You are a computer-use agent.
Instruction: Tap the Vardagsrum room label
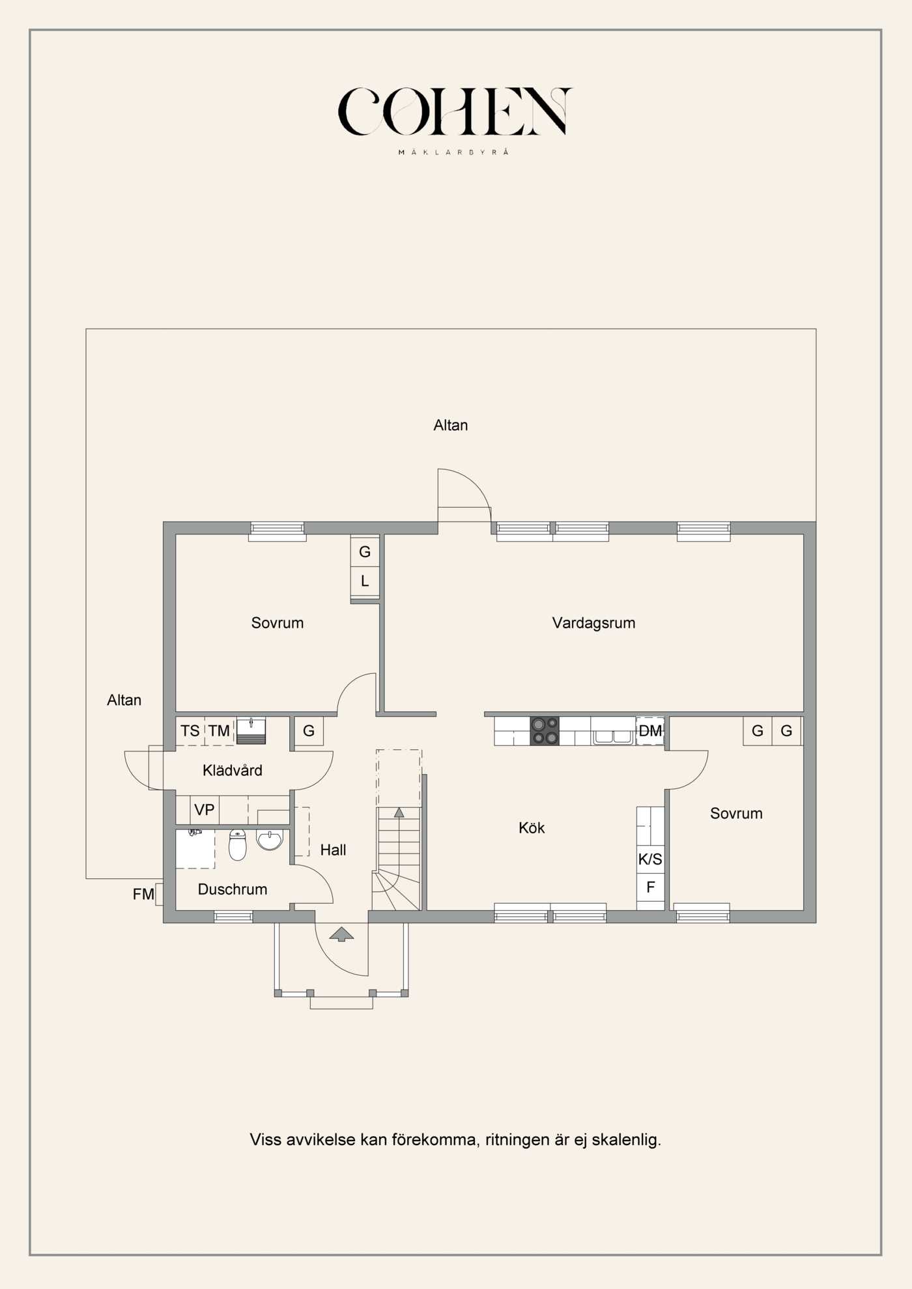[x=593, y=623]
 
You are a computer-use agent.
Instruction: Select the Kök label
[x=532, y=827]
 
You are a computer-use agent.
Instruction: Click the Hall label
[x=333, y=850]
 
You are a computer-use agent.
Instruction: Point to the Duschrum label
[x=233, y=889]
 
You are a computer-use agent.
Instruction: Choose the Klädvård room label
[x=233, y=770]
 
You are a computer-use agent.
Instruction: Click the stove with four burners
[x=545, y=730]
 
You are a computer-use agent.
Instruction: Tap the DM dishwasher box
[x=650, y=730]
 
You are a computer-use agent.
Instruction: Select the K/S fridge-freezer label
[x=650, y=859]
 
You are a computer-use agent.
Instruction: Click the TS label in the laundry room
[x=190, y=731]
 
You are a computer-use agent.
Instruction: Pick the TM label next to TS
[x=219, y=731]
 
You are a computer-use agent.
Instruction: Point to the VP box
[x=205, y=810]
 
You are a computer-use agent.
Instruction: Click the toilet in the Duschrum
[x=238, y=844]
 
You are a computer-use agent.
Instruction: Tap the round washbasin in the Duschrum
[x=270, y=839]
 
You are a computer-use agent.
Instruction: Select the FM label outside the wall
[x=143, y=894]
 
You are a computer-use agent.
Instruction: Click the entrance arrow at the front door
[x=341, y=934]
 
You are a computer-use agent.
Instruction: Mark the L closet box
[x=365, y=581]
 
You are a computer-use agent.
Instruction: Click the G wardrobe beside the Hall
[x=309, y=730]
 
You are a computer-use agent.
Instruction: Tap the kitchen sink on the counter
[x=612, y=736]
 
